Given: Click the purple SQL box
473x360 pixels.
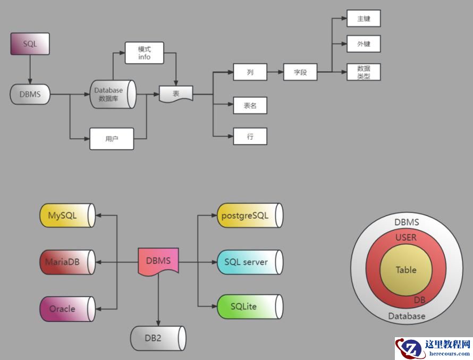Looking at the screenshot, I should click(x=30, y=44).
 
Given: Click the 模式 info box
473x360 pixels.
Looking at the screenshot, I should click(x=145, y=53).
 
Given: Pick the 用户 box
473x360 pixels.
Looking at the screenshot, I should click(x=111, y=139).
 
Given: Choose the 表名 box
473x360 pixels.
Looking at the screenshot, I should click(x=250, y=105).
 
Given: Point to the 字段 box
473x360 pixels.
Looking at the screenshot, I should click(x=300, y=72).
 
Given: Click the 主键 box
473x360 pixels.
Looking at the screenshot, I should click(x=364, y=19).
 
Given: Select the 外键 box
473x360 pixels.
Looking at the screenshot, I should click(x=364, y=45).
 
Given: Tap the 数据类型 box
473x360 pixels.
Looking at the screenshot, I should click(x=364, y=72).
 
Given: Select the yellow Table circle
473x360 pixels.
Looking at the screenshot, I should click(x=406, y=270).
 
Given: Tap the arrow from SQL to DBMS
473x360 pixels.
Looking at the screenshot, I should click(x=30, y=69).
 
